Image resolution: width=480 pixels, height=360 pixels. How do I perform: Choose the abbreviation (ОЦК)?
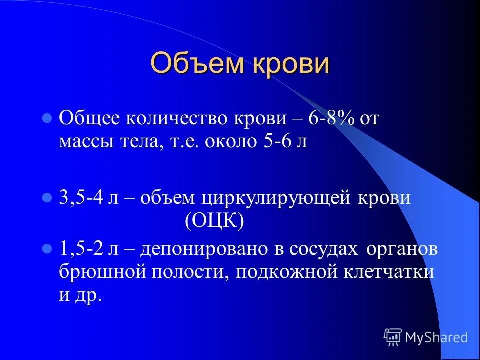tap(214, 221)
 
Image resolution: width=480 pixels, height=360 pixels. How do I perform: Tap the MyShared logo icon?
tap(393, 337)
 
